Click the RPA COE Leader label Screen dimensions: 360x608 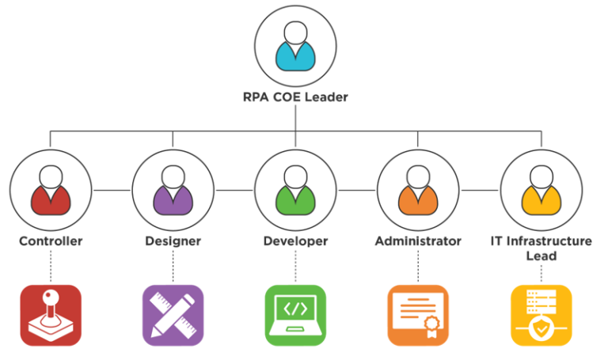(x=295, y=98)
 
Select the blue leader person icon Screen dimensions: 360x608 (x=295, y=47)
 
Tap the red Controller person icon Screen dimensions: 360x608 (x=51, y=190)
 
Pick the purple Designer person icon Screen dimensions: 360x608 (x=173, y=190)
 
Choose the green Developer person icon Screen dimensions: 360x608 (x=295, y=190)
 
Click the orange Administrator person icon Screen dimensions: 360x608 (x=418, y=190)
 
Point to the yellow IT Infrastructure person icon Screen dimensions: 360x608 (x=541, y=190)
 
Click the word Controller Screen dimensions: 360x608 (x=51, y=241)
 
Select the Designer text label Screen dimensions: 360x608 (x=173, y=241)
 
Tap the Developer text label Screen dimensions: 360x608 (x=295, y=241)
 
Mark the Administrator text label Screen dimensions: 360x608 (x=418, y=241)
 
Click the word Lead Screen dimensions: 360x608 (x=541, y=256)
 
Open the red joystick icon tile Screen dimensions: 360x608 (x=51, y=315)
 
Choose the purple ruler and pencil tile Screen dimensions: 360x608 (x=173, y=315)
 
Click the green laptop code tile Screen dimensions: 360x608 (x=295, y=315)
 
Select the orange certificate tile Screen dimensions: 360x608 (x=418, y=315)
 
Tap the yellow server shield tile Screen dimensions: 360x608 (x=541, y=315)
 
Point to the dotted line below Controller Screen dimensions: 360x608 (x=51, y=267)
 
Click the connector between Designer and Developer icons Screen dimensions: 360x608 (x=234, y=190)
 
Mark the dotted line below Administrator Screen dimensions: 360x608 (x=418, y=267)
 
